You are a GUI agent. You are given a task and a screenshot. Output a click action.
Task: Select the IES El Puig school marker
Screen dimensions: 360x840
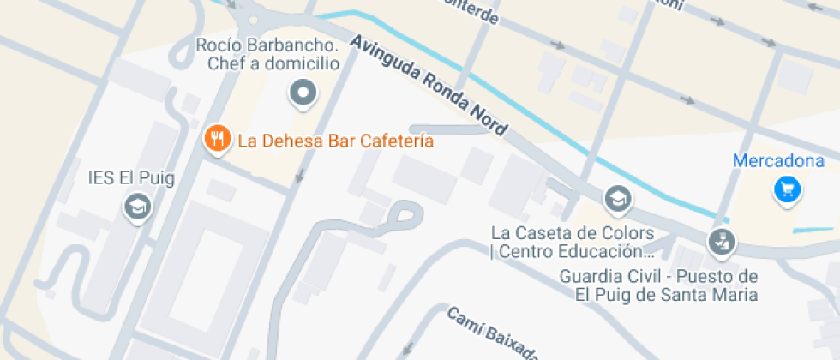pos(137,207)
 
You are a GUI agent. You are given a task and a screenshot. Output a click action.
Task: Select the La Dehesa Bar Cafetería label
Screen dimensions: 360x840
pos(336,141)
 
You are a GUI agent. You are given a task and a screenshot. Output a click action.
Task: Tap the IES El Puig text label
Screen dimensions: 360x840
pos(131,178)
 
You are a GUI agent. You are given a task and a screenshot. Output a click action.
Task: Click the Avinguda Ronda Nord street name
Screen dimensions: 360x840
pos(429,86)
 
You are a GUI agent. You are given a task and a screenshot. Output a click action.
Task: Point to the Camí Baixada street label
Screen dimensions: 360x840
pos(494,334)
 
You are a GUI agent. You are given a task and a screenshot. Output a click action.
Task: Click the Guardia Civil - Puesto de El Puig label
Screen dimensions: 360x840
pos(658,285)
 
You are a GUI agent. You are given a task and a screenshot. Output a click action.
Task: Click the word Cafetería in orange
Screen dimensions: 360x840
pos(396,141)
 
